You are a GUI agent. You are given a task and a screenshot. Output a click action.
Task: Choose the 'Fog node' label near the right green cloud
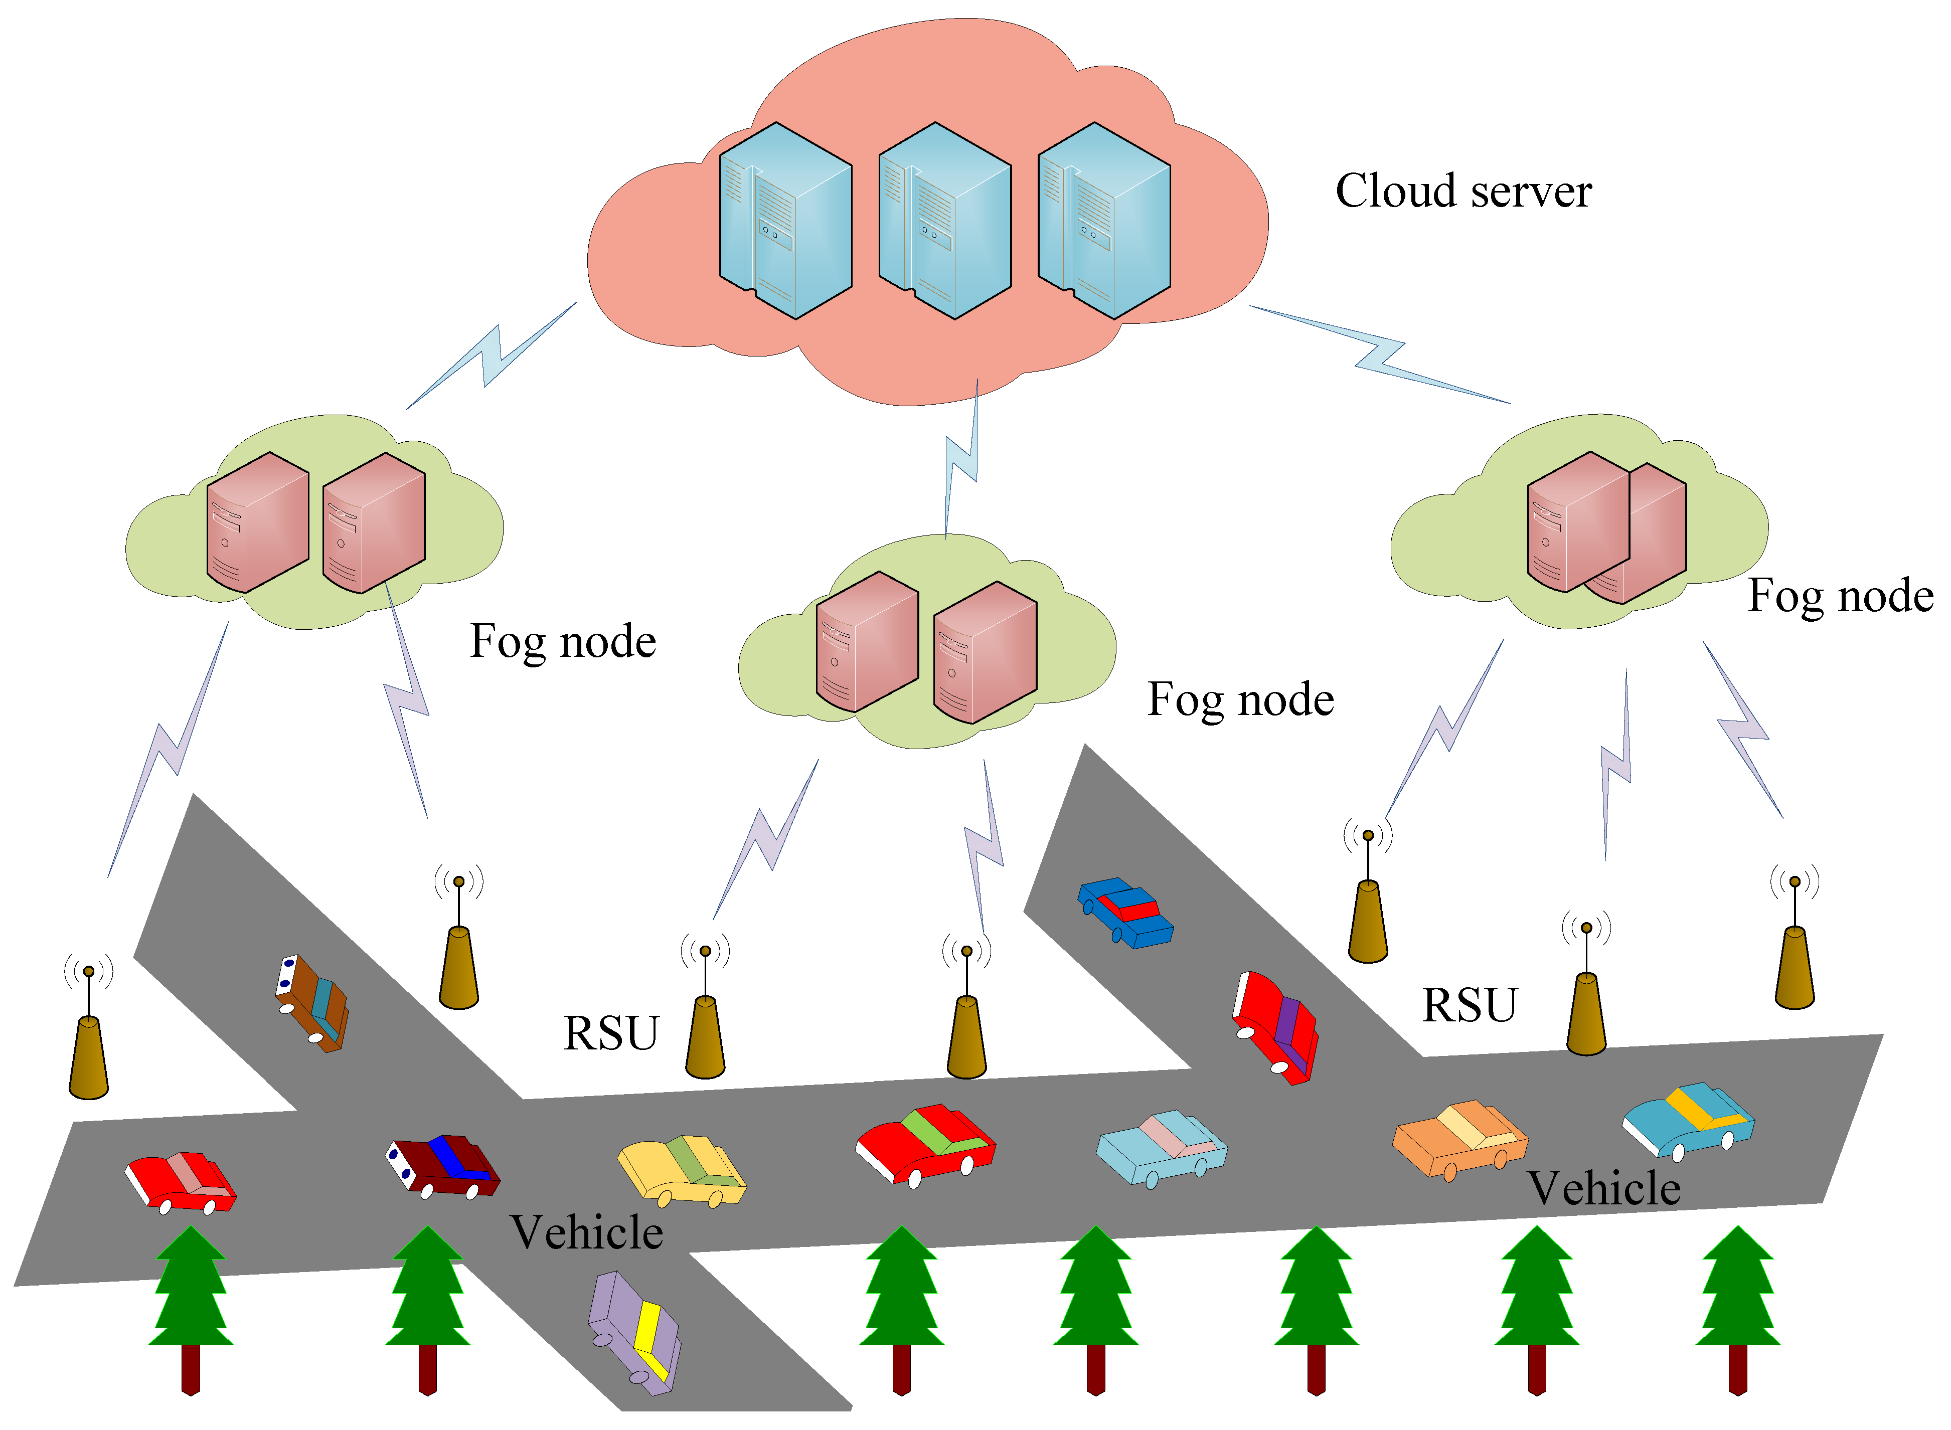pos(1840,596)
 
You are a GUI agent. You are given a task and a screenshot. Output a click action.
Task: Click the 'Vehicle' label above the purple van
pos(586,1232)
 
